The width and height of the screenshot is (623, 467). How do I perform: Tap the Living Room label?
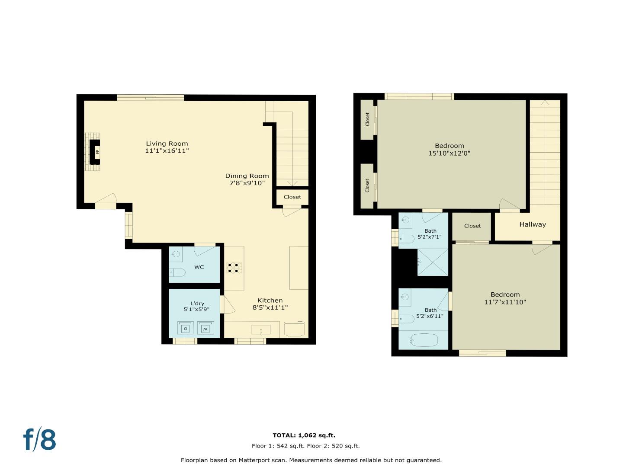(167, 144)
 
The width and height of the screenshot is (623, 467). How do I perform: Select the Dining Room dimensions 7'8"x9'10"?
(247, 183)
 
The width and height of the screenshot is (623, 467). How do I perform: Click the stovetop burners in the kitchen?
(234, 268)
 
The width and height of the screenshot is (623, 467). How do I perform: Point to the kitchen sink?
(261, 330)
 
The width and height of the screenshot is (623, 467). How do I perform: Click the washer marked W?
(206, 328)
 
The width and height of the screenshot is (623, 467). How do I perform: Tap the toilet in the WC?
(178, 272)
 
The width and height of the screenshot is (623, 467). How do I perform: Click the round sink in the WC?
(175, 254)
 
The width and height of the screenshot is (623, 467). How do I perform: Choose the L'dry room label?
(197, 304)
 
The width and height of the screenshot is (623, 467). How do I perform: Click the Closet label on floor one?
(292, 197)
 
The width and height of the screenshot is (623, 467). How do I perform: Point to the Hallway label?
(533, 224)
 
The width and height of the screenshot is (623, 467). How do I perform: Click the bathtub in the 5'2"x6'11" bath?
(424, 340)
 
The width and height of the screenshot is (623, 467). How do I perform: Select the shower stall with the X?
(433, 262)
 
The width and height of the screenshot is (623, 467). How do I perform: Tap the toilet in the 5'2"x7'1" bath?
(406, 239)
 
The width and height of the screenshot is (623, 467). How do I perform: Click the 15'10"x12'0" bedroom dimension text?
(449, 153)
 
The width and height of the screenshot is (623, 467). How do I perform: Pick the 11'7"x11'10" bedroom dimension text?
(505, 302)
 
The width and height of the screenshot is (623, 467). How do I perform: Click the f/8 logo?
(39, 440)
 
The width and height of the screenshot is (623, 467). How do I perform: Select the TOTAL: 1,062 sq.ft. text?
(304, 435)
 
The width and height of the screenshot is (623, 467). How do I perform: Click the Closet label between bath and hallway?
(472, 226)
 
